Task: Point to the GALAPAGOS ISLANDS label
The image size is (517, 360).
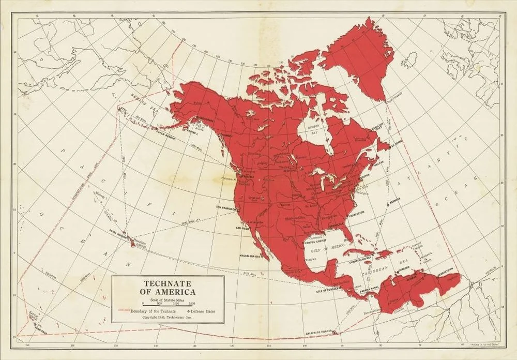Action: coord(316,331)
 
